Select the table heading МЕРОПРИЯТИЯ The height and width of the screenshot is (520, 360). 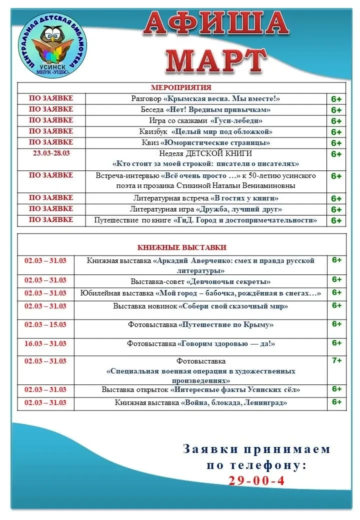[181, 87]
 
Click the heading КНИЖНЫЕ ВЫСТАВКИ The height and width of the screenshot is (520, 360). [181, 247]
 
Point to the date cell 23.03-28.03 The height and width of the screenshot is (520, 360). [51, 153]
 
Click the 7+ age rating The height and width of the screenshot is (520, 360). [337, 360]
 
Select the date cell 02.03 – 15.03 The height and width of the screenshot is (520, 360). [45, 324]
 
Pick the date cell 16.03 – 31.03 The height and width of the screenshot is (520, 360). [45, 343]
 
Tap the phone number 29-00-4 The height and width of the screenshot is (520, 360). [256, 480]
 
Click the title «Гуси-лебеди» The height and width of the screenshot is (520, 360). [236, 120]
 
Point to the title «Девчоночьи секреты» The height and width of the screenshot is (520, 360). [229, 281]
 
